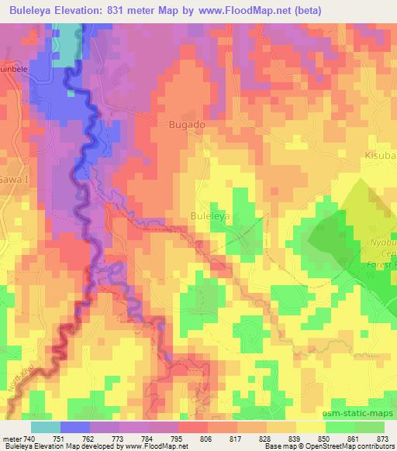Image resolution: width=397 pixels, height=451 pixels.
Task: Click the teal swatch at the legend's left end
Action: (45, 427)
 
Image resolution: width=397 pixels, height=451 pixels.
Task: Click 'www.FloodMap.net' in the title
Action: (245, 10)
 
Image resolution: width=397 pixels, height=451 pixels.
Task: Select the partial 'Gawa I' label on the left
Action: (11, 177)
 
